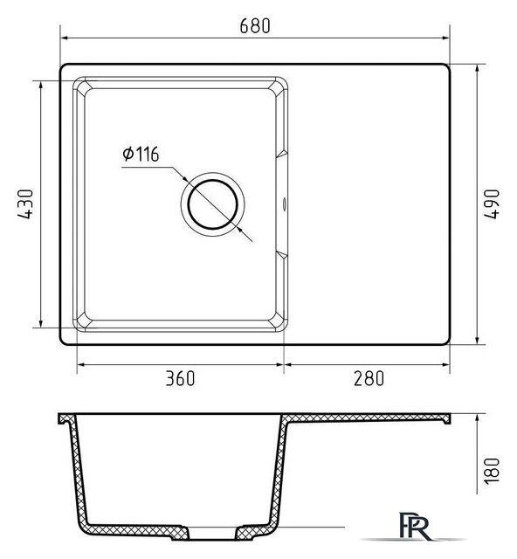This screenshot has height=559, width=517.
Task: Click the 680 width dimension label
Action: tap(255, 25)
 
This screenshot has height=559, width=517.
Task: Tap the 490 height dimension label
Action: tap(492, 204)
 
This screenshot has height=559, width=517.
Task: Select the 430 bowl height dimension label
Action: tap(25, 204)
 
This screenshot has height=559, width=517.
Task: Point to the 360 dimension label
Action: tap(181, 378)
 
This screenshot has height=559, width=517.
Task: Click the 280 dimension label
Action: tap(369, 378)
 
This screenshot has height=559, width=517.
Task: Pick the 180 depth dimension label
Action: tap(492, 471)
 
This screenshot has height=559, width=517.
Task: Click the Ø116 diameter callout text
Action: tap(141, 154)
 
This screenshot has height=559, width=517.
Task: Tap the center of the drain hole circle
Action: tap(212, 204)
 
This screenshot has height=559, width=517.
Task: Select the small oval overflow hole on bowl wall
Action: tap(284, 204)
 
